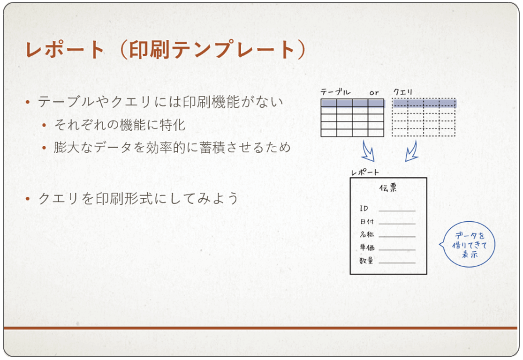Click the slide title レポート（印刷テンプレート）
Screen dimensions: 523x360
click(x=166, y=50)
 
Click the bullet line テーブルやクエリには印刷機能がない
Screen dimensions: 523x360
click(x=160, y=102)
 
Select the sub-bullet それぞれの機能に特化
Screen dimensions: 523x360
click(x=120, y=125)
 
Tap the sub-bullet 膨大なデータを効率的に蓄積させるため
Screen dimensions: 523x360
click(x=172, y=147)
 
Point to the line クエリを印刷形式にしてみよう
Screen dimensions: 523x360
click(x=138, y=198)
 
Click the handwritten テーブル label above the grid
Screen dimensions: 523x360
click(x=335, y=92)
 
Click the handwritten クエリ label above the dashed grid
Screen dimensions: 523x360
click(x=402, y=92)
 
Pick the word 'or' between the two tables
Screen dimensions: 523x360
click(x=374, y=93)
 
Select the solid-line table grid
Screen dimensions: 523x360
click(x=352, y=118)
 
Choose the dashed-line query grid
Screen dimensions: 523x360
click(x=424, y=117)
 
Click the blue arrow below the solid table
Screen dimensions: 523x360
click(x=368, y=152)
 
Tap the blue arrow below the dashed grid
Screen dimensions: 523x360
click(x=411, y=152)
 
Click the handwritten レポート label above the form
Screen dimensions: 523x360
click(x=365, y=172)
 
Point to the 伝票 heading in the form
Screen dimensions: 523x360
click(x=388, y=188)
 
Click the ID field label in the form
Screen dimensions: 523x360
click(x=364, y=208)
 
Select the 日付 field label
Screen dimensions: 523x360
click(x=366, y=221)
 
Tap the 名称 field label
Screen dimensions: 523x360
click(x=366, y=234)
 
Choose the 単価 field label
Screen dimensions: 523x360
click(x=367, y=247)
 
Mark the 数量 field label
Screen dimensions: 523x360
click(x=366, y=261)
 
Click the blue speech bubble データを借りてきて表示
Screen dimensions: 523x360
click(x=468, y=245)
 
